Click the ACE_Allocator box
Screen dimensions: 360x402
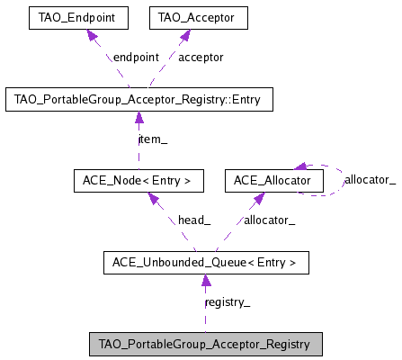point(272,181)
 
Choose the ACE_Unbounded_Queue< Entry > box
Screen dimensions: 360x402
point(206,263)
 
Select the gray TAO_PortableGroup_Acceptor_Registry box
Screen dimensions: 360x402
point(204,344)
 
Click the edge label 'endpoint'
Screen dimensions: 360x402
point(135,58)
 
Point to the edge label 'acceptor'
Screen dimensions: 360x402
point(200,58)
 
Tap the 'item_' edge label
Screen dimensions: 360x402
point(153,139)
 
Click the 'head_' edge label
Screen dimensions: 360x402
point(193,220)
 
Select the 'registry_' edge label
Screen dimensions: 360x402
point(228,303)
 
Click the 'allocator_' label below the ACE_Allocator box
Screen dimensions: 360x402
point(271,220)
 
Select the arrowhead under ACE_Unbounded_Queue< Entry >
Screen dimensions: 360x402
point(205,281)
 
